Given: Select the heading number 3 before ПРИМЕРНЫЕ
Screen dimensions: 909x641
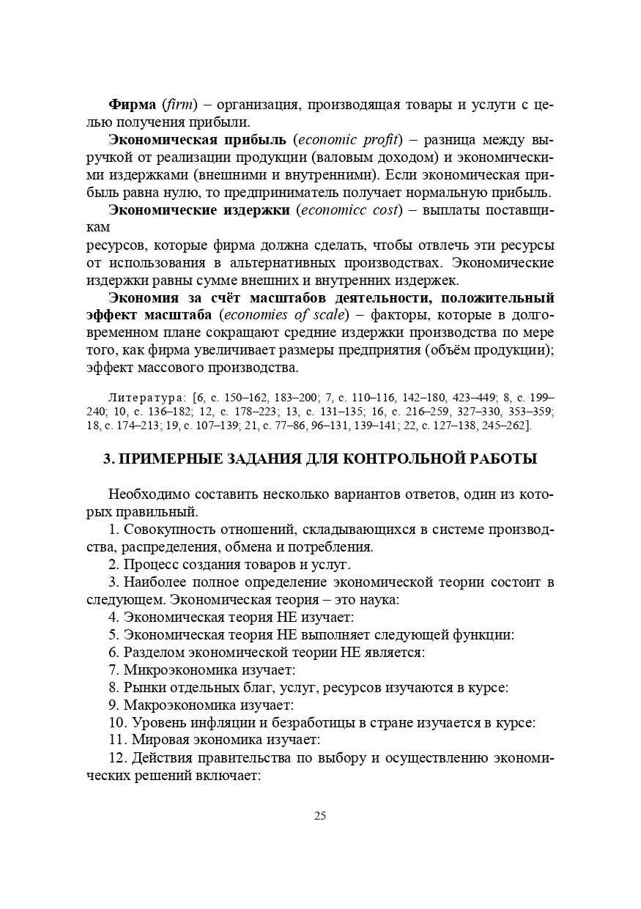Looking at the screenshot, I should click(107, 459).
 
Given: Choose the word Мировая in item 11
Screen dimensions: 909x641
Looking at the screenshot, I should click(157, 741).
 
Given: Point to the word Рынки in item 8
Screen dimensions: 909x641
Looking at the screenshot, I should click(144, 688).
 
